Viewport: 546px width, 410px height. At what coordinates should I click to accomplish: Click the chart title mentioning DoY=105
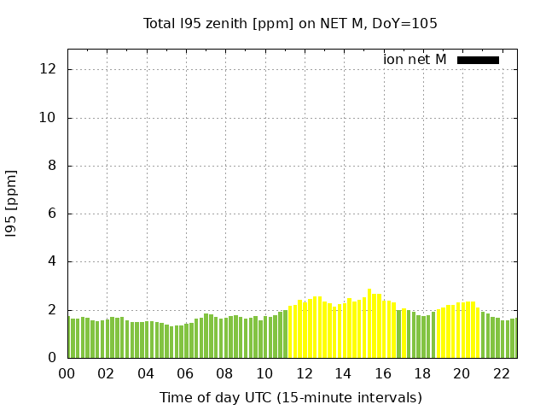coord(290,24)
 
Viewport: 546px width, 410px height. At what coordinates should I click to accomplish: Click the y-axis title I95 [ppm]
coord(11,202)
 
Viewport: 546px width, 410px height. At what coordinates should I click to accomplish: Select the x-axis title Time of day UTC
coord(290,397)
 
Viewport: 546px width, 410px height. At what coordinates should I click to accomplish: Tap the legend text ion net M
coord(415,60)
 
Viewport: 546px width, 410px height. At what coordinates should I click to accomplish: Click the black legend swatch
coord(478,60)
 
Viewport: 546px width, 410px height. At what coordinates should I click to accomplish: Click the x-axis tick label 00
coord(67,373)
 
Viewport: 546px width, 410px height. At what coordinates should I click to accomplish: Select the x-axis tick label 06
coord(186,373)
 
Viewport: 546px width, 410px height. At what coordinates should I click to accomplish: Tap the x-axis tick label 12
coord(304,373)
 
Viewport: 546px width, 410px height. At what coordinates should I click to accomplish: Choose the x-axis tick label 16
coord(383,373)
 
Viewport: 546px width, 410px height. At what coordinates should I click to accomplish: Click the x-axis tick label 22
coord(501,373)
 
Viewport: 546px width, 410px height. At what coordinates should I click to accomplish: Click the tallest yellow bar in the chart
coord(369,325)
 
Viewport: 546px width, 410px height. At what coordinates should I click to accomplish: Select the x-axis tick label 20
coord(462,373)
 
